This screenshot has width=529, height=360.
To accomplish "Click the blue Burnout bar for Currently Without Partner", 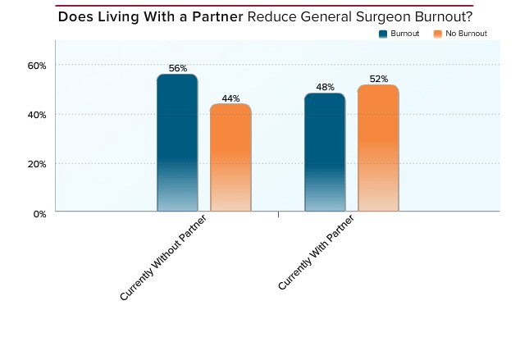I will pyautogui.click(x=177, y=143).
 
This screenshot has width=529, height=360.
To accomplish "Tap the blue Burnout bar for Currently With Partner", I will pyautogui.click(x=324, y=153).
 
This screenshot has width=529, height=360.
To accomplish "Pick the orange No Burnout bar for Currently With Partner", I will pyautogui.click(x=377, y=148).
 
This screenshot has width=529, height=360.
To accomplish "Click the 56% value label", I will pyautogui.click(x=177, y=68).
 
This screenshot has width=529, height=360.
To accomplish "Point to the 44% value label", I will pyautogui.click(x=230, y=98).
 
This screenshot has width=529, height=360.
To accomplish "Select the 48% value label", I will pyautogui.click(x=324, y=87).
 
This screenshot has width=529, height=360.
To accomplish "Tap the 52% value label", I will pyautogui.click(x=378, y=79).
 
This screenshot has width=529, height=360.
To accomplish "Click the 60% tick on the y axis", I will pyautogui.click(x=39, y=65).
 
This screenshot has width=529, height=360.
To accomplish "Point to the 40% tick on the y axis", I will pyautogui.click(x=39, y=115).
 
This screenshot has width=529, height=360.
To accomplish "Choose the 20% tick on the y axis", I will pyautogui.click(x=39, y=164).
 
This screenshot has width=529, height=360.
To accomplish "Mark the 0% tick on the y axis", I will pyautogui.click(x=41, y=213).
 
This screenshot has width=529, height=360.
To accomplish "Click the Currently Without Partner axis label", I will pyautogui.click(x=164, y=258).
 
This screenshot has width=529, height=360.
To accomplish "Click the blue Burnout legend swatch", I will pyautogui.click(x=383, y=34).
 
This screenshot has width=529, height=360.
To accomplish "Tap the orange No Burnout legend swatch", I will pyautogui.click(x=438, y=34).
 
